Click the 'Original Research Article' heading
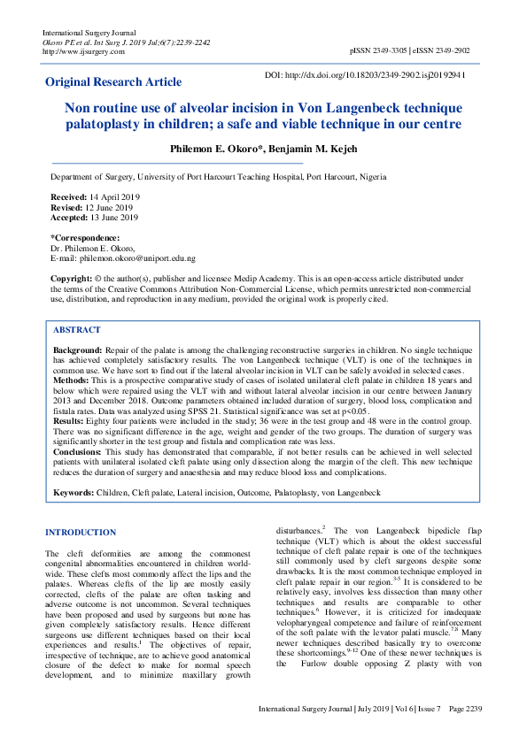(x=113, y=82)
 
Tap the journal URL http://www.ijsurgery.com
(x=83, y=51)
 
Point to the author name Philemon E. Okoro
(x=210, y=149)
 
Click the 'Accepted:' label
(x=70, y=218)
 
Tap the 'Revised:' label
(x=67, y=207)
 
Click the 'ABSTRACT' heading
(x=77, y=330)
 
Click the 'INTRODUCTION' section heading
(x=80, y=533)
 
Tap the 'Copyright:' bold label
(x=72, y=279)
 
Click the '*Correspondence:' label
(x=85, y=238)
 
